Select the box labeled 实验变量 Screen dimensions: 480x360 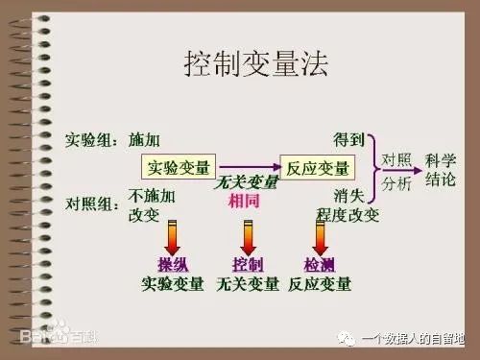click(x=179, y=168)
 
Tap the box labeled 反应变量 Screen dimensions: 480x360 click(x=316, y=168)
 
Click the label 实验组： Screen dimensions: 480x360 click(x=92, y=140)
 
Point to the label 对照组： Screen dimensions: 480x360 click(x=92, y=204)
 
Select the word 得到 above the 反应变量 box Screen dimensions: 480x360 click(x=348, y=140)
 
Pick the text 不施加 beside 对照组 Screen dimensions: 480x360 click(x=152, y=196)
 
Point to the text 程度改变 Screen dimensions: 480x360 click(x=351, y=213)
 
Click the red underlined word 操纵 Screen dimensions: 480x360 click(x=172, y=264)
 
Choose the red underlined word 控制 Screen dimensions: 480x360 click(x=248, y=264)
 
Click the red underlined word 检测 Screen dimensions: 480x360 click(x=319, y=264)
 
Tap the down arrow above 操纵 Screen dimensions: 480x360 click(x=173, y=237)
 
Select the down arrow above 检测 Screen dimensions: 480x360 click(x=320, y=237)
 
